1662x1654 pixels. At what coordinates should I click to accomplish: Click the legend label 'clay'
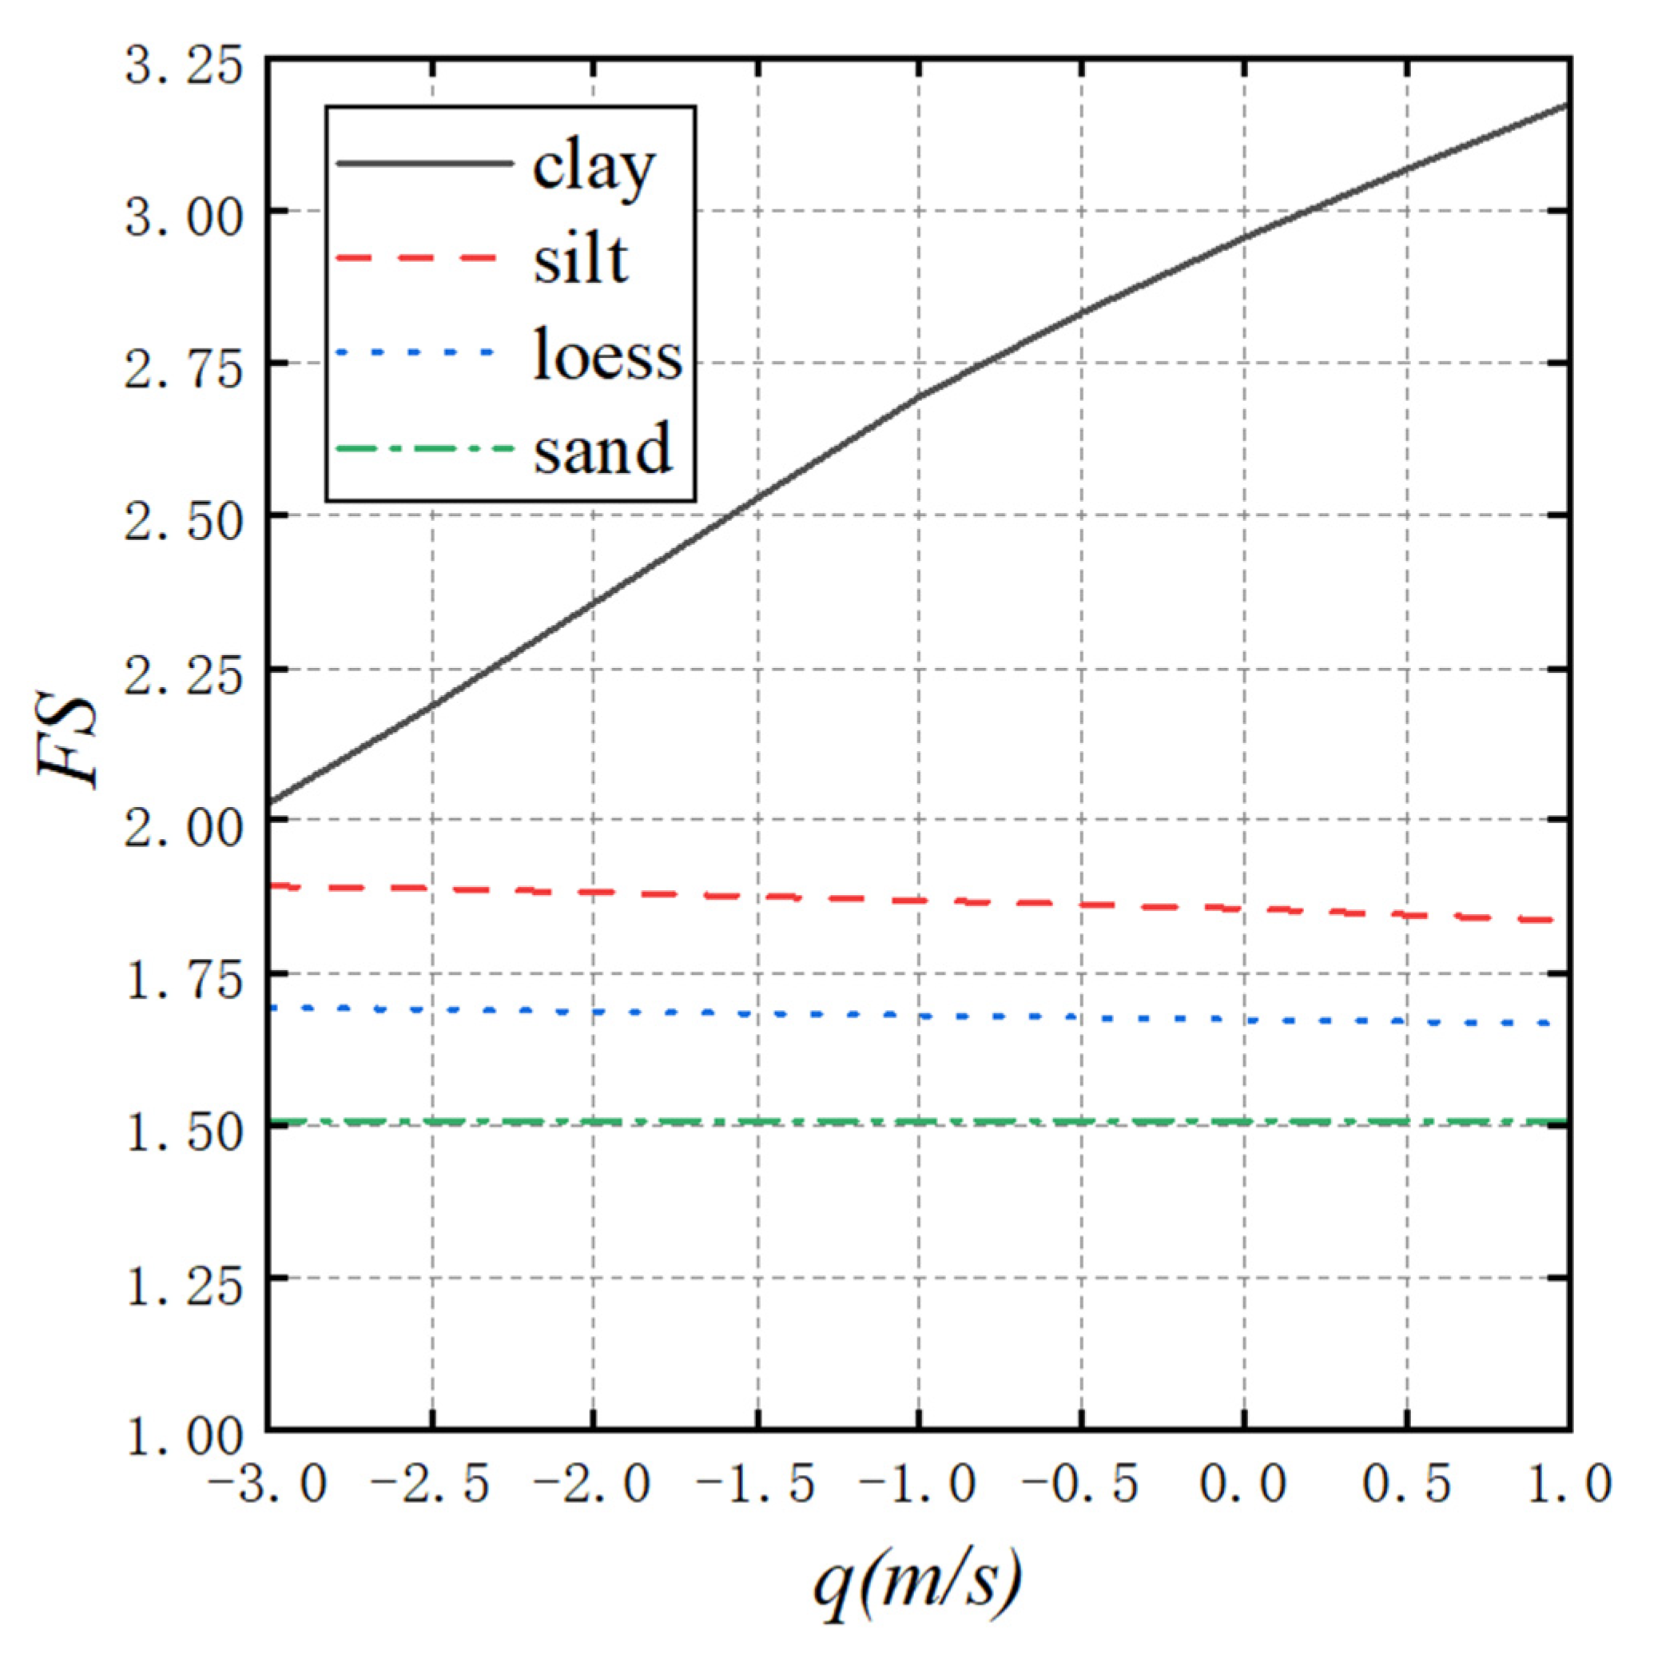pos(594,168)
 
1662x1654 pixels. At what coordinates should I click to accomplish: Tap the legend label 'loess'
pos(607,354)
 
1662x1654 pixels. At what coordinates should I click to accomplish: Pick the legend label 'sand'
pos(602,449)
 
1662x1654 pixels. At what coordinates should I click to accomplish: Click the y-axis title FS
pos(67,739)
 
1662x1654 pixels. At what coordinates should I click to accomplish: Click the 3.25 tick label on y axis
pos(183,67)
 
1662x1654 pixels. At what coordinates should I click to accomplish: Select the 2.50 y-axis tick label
pos(183,522)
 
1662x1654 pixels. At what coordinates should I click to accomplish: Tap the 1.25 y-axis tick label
pos(183,1286)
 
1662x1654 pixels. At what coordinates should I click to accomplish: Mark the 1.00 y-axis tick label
pos(183,1438)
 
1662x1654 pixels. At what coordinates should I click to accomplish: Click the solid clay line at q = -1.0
pos(919,396)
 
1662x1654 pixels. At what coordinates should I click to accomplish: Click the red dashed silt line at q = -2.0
pos(594,893)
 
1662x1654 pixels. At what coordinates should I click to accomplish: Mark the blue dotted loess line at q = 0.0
pos(1245,1020)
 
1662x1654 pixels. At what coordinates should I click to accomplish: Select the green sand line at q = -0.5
pos(1081,1122)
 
